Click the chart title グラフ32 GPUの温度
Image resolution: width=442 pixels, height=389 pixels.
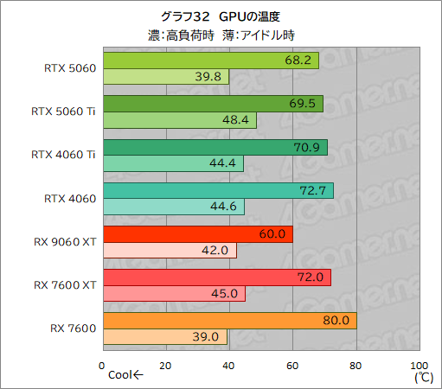(x=221, y=16)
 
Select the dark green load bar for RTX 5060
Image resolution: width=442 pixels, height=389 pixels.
(x=210, y=61)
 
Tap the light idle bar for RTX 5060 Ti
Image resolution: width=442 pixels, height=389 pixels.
(x=179, y=120)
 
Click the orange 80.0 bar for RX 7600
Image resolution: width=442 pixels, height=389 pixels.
(x=229, y=321)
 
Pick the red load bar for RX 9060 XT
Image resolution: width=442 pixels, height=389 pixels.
(x=197, y=234)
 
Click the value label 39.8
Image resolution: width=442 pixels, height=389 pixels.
(x=209, y=77)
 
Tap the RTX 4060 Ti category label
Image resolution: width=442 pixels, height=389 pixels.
(x=63, y=155)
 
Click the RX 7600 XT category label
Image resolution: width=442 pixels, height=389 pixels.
(x=65, y=284)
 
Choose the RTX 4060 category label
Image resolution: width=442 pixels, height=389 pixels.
(x=69, y=198)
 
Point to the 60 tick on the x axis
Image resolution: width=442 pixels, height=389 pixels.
(x=292, y=365)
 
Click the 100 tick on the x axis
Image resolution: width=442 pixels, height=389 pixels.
(x=419, y=365)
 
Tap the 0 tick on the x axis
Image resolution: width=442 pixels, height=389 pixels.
(x=102, y=365)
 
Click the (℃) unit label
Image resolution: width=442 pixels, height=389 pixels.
(x=422, y=377)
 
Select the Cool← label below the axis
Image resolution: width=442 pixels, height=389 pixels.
(x=126, y=377)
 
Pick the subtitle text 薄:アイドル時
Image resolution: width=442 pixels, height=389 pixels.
(x=265, y=35)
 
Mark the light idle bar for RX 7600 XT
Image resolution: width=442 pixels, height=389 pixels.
(x=173, y=294)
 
